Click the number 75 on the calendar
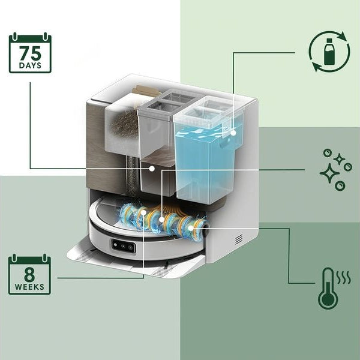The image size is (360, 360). coord(30,53)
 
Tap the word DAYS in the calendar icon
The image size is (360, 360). coord(30,65)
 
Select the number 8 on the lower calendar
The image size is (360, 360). coord(29,275)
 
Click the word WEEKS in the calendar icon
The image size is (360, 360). coord(29,287)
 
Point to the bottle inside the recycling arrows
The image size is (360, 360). coord(329,52)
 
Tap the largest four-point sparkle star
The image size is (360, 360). coord(329,173)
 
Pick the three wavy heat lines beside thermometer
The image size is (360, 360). coord(344,277)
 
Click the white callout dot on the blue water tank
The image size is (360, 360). coord(233,133)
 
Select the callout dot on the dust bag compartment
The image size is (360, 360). coord(152,169)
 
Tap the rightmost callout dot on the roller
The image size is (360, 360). coord(191,228)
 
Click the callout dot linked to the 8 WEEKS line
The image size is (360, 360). coord(144,213)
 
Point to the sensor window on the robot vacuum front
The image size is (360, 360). coord(123,246)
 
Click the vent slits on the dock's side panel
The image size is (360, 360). coord(239,239)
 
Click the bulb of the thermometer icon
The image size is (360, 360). coord(328,299)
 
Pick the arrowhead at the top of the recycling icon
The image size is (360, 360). coord(343,36)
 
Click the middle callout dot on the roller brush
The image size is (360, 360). coord(162,220)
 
